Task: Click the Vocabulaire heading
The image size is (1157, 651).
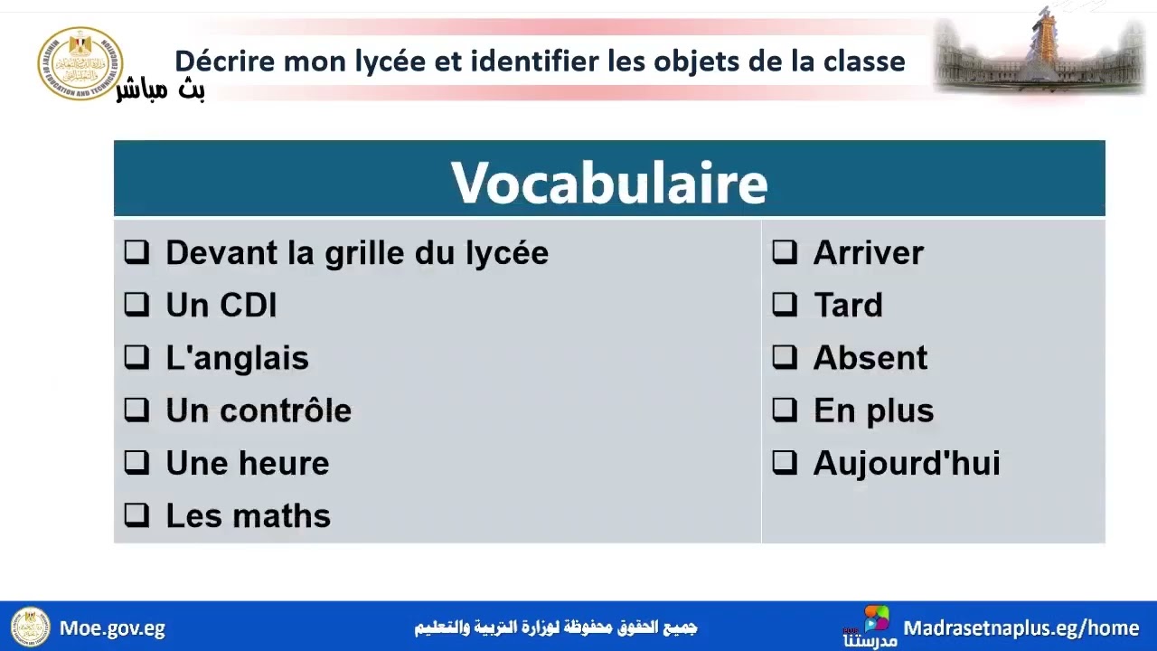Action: pos(609,183)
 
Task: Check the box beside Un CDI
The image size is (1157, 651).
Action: pos(136,305)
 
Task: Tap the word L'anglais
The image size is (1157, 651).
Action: pos(237,358)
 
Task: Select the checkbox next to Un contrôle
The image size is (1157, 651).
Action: pos(136,410)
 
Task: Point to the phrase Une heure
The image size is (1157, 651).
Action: pos(247,463)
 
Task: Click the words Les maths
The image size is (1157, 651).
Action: pos(248,515)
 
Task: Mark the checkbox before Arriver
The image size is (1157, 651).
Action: pos(785,252)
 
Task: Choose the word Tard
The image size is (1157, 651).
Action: pos(848,306)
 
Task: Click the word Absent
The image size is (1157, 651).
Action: pos(870,358)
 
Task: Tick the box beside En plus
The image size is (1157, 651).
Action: pos(785,410)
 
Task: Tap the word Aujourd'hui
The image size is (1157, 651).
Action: pos(906,463)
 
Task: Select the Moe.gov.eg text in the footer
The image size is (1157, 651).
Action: pos(112,627)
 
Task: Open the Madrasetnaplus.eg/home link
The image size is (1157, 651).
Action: pos(1021,627)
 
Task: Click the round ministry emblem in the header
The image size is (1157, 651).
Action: pos(80,63)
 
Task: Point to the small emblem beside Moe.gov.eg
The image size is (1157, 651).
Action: pos(30,627)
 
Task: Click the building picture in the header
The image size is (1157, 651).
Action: pos(1039,54)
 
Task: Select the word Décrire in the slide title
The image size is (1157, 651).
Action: pos(225,61)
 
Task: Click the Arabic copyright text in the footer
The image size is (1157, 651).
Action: pos(555,627)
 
